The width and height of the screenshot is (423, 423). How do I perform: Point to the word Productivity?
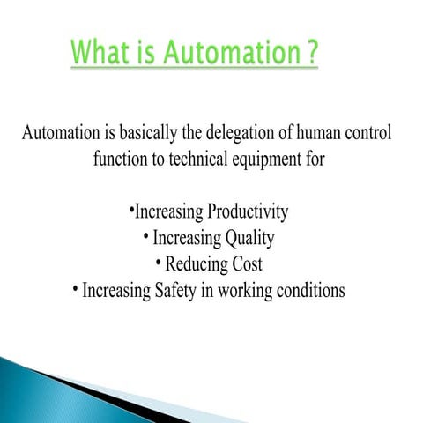coord(248,212)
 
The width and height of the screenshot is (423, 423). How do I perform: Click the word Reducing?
coord(197,264)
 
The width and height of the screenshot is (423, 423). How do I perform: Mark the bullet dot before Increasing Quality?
coord(145,237)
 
